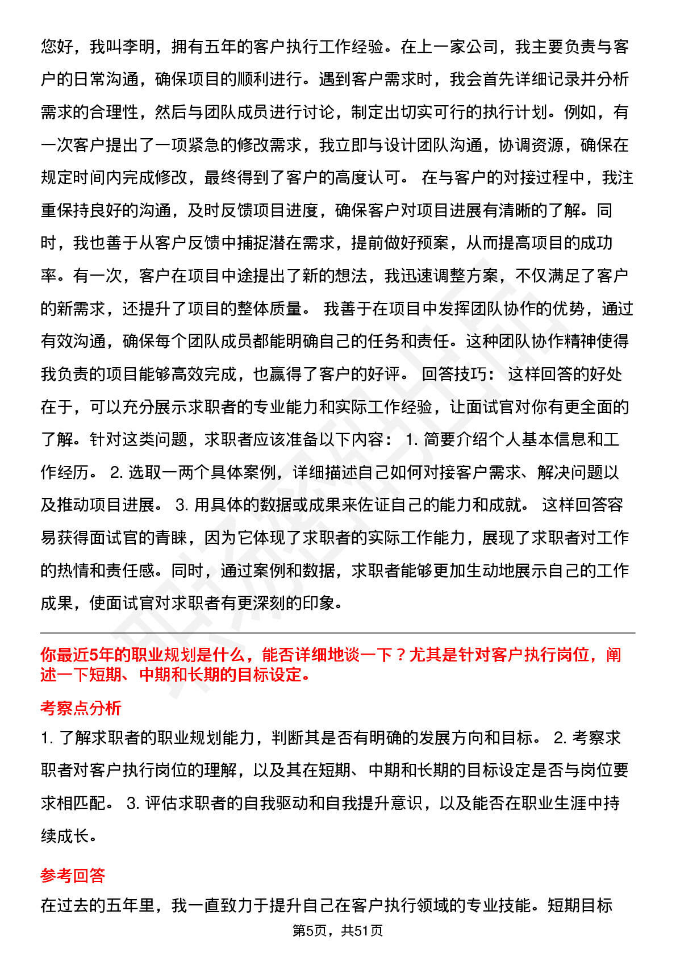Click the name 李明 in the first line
[138, 47]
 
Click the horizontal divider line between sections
[338, 633]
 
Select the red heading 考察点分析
[81, 708]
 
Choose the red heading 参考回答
[73, 875]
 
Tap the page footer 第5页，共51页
[338, 930]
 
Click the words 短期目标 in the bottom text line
[579, 905]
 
